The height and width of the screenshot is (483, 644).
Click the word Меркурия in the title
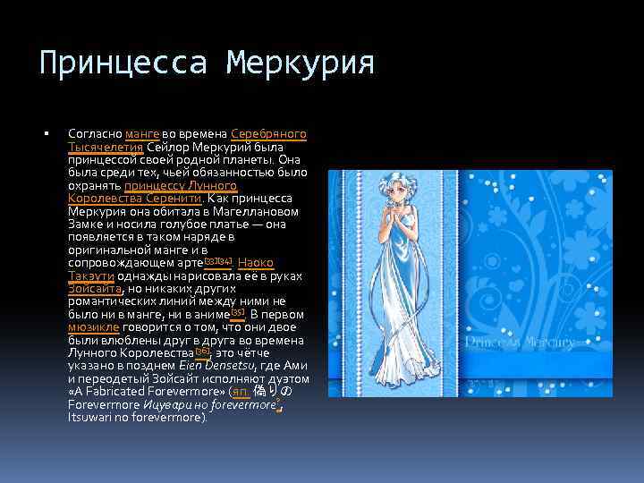point(300,64)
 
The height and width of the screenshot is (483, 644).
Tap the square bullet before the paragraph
point(45,134)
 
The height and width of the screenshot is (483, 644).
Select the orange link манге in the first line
point(143,134)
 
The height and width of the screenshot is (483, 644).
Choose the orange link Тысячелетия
point(100,147)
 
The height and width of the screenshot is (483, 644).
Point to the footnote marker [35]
point(237,312)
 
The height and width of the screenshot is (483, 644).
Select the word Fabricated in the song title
point(120,392)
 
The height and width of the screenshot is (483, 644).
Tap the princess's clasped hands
point(387,215)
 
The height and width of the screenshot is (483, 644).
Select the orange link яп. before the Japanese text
point(240,392)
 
